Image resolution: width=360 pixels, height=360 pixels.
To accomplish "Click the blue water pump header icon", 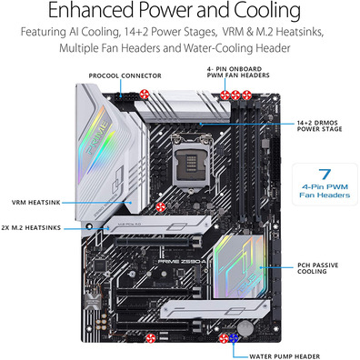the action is pyautogui.click(x=233, y=338).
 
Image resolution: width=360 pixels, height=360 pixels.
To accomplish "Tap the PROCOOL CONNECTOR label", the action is pyautogui.click(x=125, y=75).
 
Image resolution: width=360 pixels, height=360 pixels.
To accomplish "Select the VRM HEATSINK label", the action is pyautogui.click(x=36, y=203).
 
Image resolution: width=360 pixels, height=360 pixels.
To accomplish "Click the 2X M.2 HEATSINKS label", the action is pyautogui.click(x=31, y=227).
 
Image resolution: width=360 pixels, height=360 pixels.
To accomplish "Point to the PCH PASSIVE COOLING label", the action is pyautogui.click(x=317, y=268).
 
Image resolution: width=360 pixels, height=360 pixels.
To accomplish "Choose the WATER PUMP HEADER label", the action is pyautogui.click(x=285, y=356).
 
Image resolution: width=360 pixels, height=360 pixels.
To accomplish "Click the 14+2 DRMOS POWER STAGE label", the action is pyautogui.click(x=319, y=125).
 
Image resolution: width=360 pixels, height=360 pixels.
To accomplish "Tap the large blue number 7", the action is pyautogui.click(x=325, y=174).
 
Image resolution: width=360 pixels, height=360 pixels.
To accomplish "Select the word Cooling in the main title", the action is pyautogui.click(x=267, y=10).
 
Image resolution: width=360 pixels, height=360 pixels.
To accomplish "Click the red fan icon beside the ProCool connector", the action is pyautogui.click(x=145, y=95).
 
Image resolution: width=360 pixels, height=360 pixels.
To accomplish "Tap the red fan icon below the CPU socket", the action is pyautogui.click(x=161, y=207).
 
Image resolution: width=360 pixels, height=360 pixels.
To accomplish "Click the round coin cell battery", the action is pyautogui.click(x=245, y=328).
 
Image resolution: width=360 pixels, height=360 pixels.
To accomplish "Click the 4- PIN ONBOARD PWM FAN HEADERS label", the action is pyautogui.click(x=238, y=72).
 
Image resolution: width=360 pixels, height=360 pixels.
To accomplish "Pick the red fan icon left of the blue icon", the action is pyautogui.click(x=224, y=338).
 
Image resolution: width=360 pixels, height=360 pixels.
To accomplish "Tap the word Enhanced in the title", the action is pyautogui.click(x=90, y=10).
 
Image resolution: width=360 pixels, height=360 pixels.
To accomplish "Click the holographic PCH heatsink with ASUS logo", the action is pyautogui.click(x=239, y=266).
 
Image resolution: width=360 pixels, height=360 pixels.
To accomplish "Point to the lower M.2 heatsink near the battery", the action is pyautogui.click(x=215, y=309).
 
